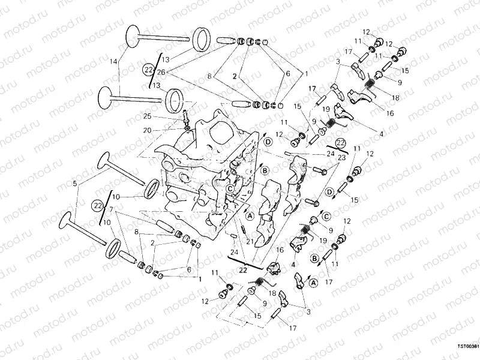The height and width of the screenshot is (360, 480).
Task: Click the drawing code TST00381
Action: (x=466, y=346)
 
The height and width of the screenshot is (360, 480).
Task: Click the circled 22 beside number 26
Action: (x=149, y=70)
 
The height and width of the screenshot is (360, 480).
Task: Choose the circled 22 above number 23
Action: (x=341, y=142)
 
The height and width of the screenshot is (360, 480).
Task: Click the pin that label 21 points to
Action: (x=242, y=227)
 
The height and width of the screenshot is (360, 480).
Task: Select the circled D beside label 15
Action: (x=329, y=191)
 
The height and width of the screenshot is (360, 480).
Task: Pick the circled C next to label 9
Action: (x=327, y=215)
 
